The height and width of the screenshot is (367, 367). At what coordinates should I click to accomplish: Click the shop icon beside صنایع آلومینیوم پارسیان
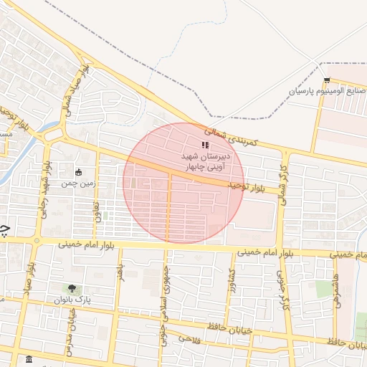327,80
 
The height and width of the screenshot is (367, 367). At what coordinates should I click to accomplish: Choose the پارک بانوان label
70,300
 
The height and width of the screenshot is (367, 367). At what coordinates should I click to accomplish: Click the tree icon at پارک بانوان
70,288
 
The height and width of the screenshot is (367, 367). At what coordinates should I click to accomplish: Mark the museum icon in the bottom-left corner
28,359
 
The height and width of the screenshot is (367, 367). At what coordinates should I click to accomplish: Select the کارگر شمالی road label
284,186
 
